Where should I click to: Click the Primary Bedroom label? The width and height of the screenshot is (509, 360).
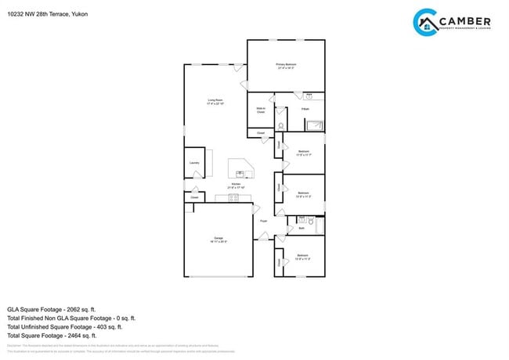pyautogui.click(x=287, y=65)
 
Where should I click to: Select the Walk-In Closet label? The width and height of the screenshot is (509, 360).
pyautogui.click(x=261, y=111)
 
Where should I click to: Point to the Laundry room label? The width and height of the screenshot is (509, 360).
pyautogui.click(x=194, y=163)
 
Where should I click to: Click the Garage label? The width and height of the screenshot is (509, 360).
pyautogui.click(x=218, y=239)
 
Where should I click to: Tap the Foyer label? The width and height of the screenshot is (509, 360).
pyautogui.click(x=264, y=221)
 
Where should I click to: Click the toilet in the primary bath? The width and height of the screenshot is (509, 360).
pyautogui.click(x=280, y=126)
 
